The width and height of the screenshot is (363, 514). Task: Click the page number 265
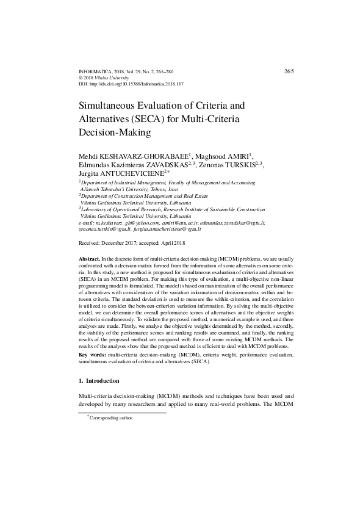click(x=289, y=71)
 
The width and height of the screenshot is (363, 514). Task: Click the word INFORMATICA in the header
click(x=96, y=72)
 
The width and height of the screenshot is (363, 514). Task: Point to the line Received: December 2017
click(x=120, y=242)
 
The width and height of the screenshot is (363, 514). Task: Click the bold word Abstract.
click(x=90, y=260)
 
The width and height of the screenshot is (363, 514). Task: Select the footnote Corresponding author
click(x=112, y=419)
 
